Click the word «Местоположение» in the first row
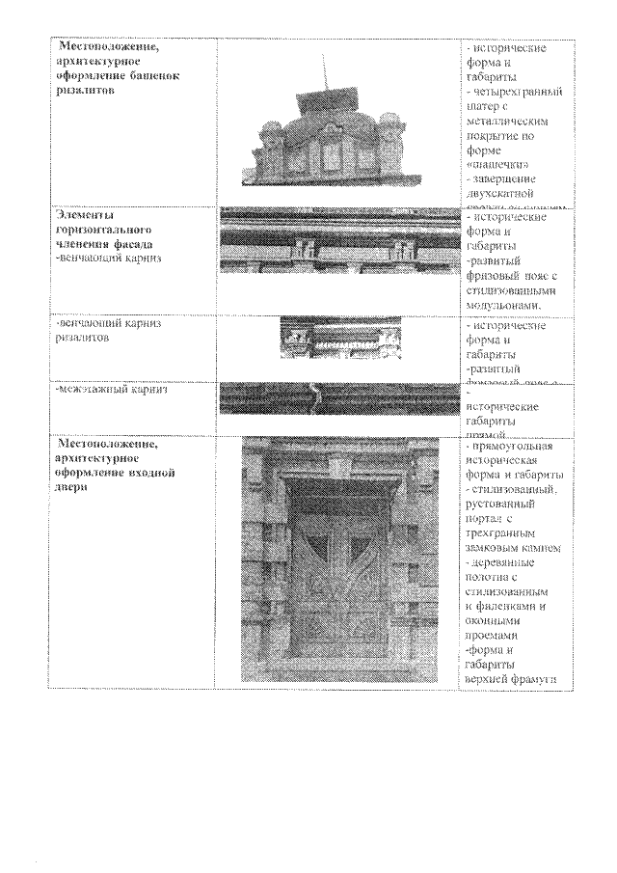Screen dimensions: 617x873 tap(105, 46)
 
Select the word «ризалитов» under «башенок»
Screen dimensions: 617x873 tap(85, 88)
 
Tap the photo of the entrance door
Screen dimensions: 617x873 tap(340, 559)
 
